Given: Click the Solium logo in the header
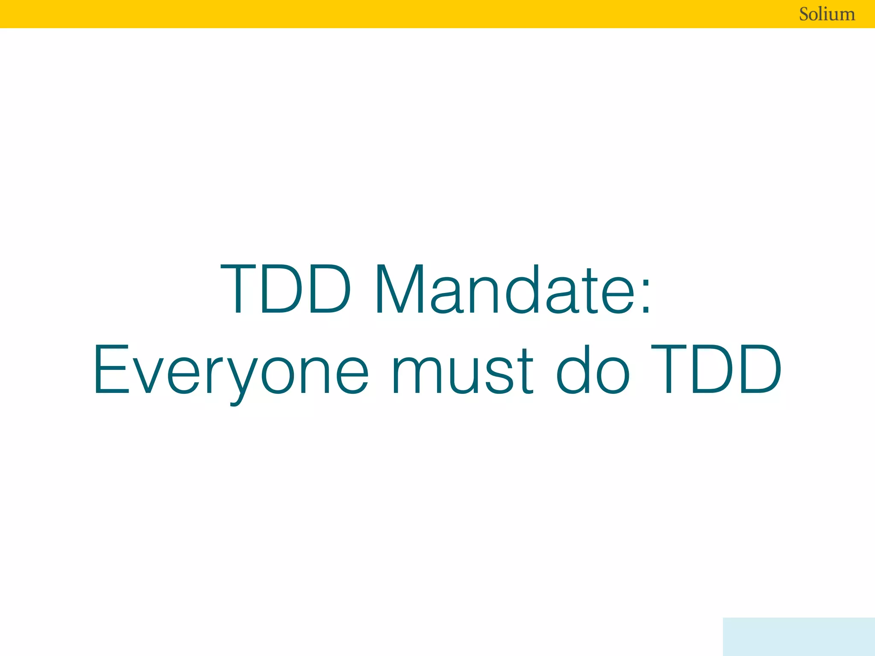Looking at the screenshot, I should [827, 14].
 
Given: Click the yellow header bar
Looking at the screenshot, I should [385, 14].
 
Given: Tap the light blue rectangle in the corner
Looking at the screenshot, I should [799, 636].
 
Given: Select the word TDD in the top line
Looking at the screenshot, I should [285, 289].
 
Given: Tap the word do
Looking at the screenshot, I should [593, 370].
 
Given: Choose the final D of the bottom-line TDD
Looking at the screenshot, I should [759, 370].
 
